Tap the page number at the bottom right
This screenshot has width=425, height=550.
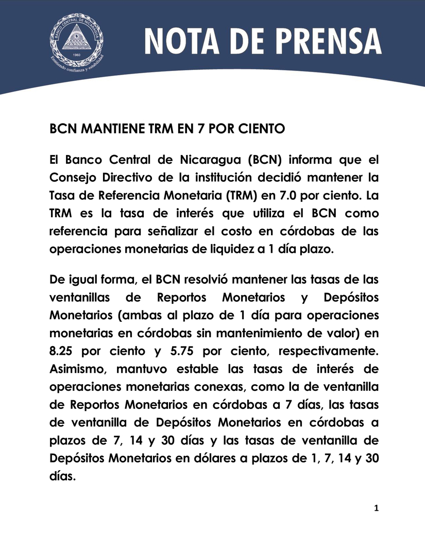(376, 509)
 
